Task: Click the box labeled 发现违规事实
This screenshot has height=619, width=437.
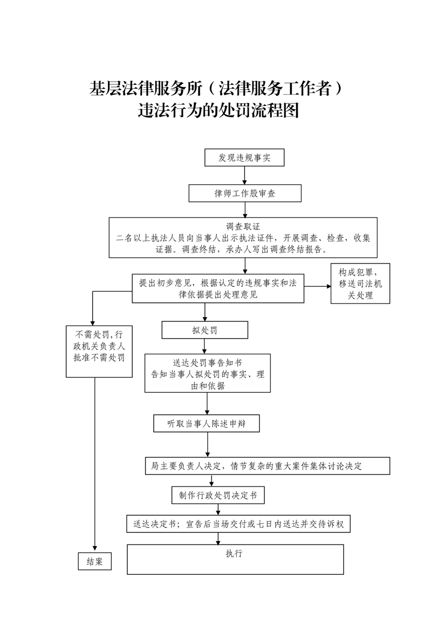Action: pos(244,157)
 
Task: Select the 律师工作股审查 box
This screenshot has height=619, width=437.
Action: pos(245,193)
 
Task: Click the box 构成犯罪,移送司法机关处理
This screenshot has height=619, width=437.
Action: pos(360,284)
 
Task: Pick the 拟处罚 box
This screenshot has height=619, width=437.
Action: pos(204,330)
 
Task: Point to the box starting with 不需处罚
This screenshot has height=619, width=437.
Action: pos(99,351)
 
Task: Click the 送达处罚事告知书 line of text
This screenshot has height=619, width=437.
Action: pos(207,362)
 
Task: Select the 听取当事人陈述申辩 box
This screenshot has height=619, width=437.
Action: pos(206,423)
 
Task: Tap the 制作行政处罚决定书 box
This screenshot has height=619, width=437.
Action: pos(218,495)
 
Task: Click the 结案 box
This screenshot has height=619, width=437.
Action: pos(95,561)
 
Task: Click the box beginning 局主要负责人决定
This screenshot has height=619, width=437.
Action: pos(267,466)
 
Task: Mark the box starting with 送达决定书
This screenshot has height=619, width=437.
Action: pos(238,524)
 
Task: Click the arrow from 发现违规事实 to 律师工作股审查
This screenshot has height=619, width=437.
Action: pos(244,175)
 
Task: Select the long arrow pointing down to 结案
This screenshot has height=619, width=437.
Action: pos(95,463)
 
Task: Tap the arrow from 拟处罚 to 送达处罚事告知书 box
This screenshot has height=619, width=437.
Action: pos(204,346)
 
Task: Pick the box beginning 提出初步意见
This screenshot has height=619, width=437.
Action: pos(218,288)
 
